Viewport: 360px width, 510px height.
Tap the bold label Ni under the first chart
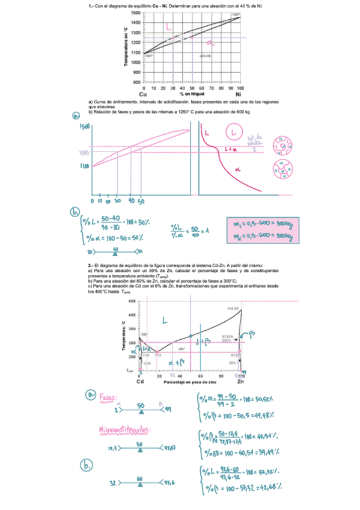[239, 94]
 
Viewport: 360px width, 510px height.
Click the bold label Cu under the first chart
[143, 94]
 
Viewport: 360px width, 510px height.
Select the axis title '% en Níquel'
[191, 94]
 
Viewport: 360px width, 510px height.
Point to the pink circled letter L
[235, 132]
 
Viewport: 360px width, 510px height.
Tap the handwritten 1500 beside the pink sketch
[84, 127]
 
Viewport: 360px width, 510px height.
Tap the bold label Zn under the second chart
[241, 381]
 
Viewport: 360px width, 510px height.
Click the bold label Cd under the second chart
[140, 381]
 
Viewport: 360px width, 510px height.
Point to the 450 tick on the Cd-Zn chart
[132, 301]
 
